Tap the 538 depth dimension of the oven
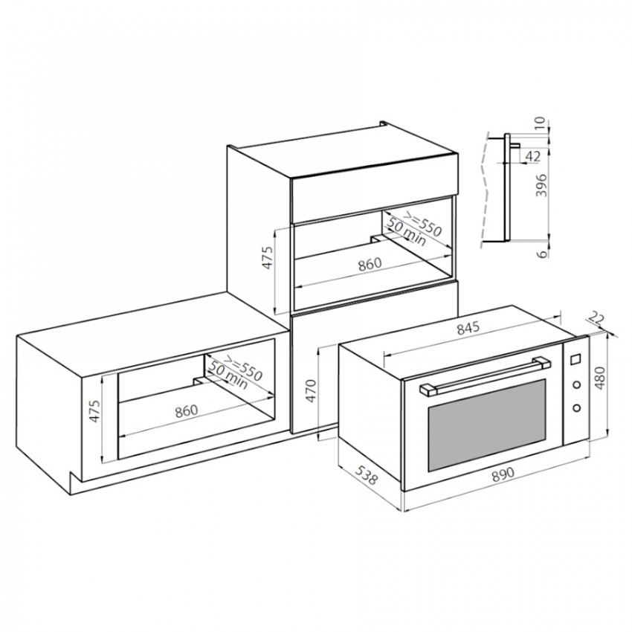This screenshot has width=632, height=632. point(367,474)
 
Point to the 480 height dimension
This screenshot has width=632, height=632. point(600,378)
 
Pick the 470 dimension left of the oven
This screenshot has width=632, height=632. point(311,390)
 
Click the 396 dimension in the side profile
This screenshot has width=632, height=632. point(543,185)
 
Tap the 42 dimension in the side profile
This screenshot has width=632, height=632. point(533,156)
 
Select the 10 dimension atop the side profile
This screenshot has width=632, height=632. point(540,122)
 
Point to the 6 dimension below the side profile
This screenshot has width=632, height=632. point(543,254)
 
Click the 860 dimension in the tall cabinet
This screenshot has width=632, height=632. point(370,264)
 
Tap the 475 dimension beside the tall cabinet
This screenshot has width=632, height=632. point(267,257)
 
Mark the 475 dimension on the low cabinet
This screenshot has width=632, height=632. point(94,411)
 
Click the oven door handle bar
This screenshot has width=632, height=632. point(485,374)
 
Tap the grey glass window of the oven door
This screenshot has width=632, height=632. point(487,425)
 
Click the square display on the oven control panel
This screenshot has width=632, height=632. point(576,358)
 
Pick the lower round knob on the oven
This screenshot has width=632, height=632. point(577,408)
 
